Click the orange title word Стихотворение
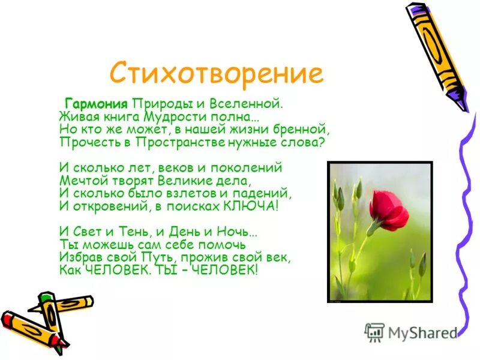pyautogui.click(x=216, y=73)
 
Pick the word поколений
pyautogui.click(x=249, y=167)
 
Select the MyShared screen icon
pyautogui.click(x=374, y=332)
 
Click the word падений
pyautogui.click(x=266, y=193)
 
